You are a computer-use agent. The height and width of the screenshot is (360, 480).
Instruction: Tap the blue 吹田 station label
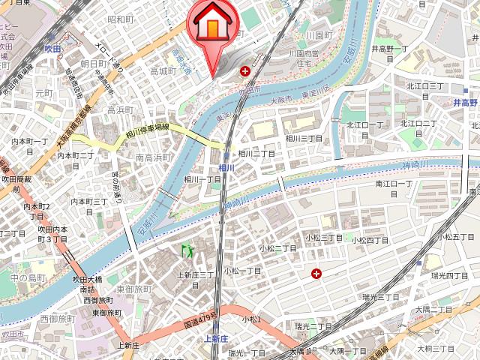[x=52, y=48]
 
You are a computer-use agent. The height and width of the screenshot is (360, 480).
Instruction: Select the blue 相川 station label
[x=226, y=167]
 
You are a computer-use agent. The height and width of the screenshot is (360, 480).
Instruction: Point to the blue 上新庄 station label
[x=216, y=339]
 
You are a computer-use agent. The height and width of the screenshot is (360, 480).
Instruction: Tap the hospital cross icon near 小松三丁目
[x=316, y=274]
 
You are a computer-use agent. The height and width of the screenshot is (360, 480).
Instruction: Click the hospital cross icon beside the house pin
[x=244, y=71]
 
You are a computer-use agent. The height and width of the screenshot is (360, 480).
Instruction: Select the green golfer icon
[x=185, y=249]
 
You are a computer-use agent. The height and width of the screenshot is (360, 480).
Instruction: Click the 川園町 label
[x=319, y=35]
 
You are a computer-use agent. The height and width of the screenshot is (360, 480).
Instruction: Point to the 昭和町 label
[x=120, y=19]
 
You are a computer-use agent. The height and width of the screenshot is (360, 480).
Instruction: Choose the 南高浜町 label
[x=154, y=157]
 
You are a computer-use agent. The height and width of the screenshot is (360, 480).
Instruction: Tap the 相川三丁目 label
[x=304, y=138]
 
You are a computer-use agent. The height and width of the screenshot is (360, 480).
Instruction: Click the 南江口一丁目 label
[x=394, y=183]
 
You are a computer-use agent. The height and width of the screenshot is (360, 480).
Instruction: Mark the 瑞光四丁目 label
[x=451, y=275]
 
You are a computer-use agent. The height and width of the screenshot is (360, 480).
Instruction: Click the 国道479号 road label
[x=200, y=319]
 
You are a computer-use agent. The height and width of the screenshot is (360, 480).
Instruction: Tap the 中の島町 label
[x=28, y=277]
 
